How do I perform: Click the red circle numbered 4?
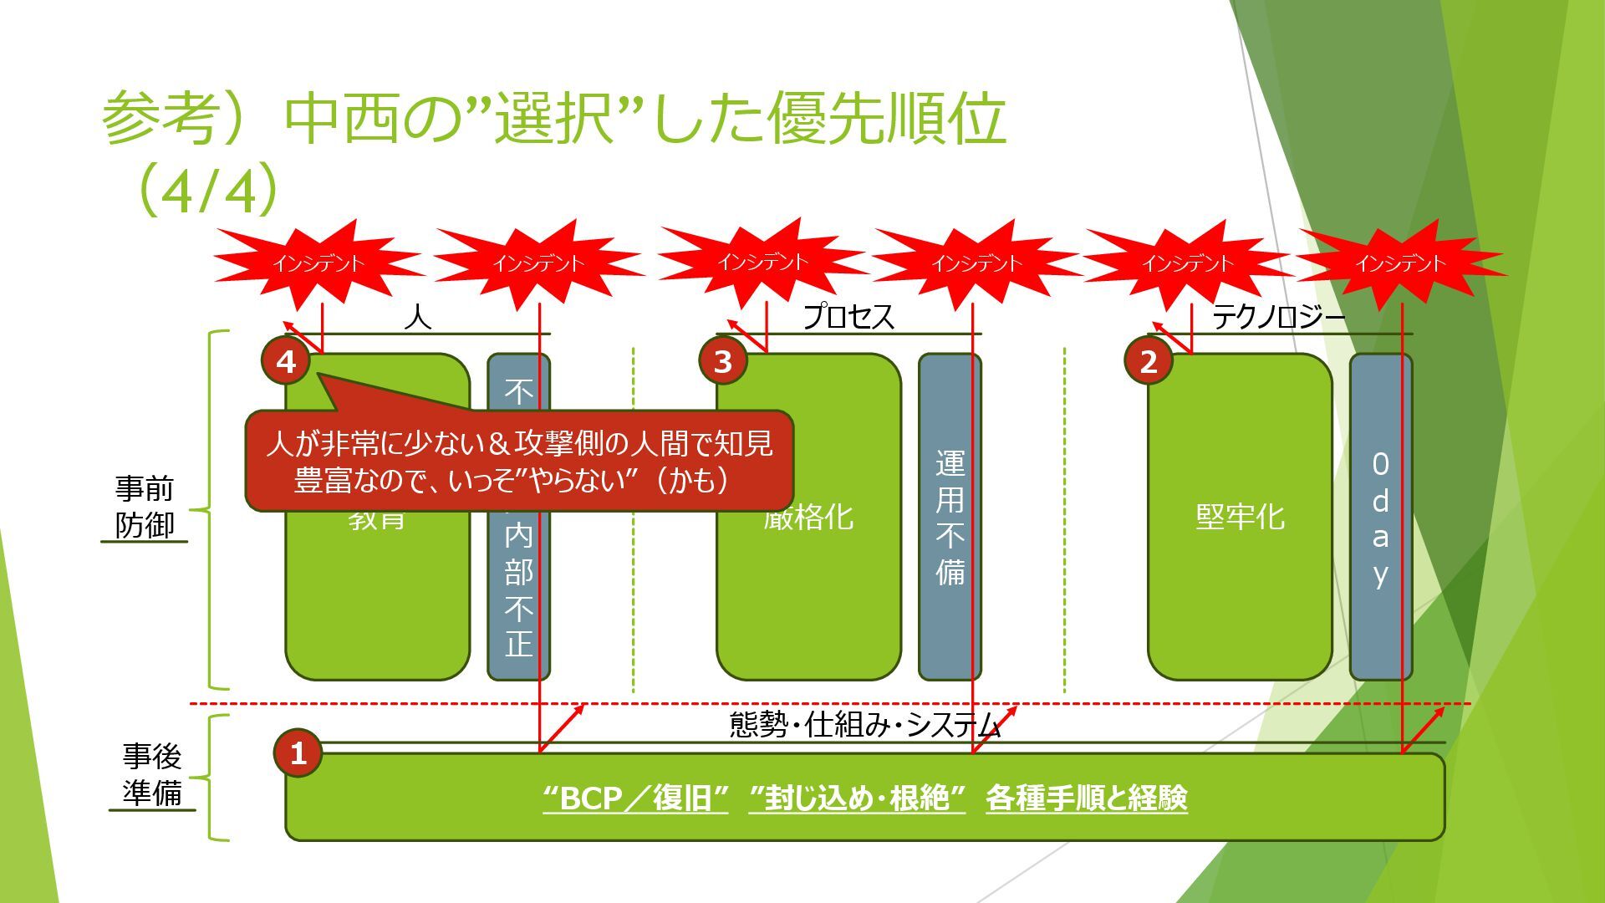[x=287, y=361]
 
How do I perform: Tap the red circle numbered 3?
[x=723, y=361]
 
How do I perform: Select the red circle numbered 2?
[x=1149, y=361]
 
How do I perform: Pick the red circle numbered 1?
[x=298, y=753]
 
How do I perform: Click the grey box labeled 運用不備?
[x=950, y=517]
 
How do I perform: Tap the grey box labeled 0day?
[x=1380, y=517]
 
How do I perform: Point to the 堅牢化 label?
[x=1240, y=517]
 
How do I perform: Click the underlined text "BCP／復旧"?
[x=636, y=798]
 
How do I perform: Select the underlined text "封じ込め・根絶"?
[x=858, y=798]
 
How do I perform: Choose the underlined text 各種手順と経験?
[x=1086, y=798]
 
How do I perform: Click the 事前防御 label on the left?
[x=144, y=507]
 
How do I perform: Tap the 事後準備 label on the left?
[x=151, y=774]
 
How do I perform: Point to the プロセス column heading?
[x=848, y=317]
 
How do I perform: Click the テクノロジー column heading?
[x=1278, y=317]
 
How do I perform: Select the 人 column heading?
[x=417, y=317]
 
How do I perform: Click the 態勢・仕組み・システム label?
[x=865, y=724]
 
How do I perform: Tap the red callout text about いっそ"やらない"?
[x=518, y=462]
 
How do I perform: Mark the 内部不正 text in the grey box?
[x=518, y=589]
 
